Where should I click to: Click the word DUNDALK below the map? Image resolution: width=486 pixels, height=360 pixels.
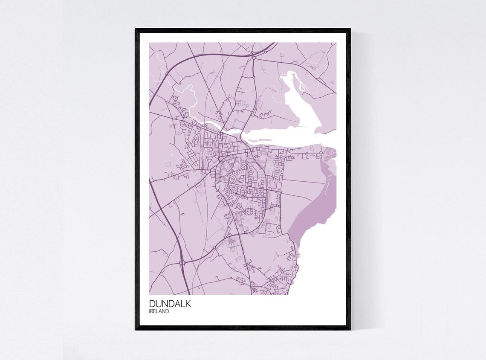tap(170, 304)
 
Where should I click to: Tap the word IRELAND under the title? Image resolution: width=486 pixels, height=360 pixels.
tap(159, 311)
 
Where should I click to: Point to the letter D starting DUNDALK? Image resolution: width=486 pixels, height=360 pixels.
tap(152, 304)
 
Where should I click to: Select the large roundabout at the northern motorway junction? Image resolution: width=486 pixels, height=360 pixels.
tap(253, 57)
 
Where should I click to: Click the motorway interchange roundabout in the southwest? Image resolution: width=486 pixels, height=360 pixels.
tap(182, 262)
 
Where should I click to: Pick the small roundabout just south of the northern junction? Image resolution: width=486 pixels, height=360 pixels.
tap(253, 77)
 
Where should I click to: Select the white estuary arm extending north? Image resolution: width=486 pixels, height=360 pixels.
tap(303, 102)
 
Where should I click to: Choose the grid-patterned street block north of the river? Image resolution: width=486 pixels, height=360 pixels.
tap(242, 103)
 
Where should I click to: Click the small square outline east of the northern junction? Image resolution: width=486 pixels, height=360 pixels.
tap(314, 65)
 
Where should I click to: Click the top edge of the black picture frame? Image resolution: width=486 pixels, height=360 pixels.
tap(243, 30)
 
